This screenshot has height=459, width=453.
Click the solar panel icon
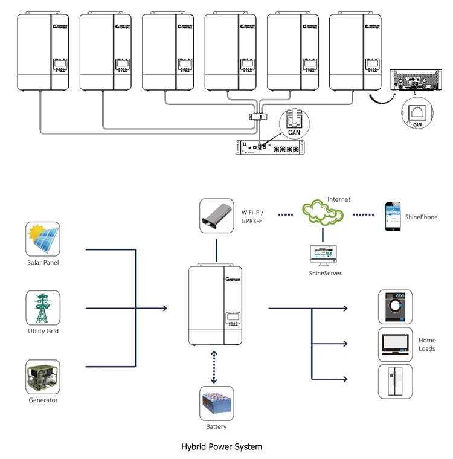point(43,239)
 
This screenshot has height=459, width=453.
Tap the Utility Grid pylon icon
point(43,308)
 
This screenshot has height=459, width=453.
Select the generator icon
point(43,377)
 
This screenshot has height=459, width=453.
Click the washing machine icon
point(396,308)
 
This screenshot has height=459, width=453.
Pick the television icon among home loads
point(396,344)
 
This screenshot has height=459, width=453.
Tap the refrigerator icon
point(396,381)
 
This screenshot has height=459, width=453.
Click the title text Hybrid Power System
point(222,447)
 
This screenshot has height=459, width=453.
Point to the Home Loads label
point(427,345)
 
